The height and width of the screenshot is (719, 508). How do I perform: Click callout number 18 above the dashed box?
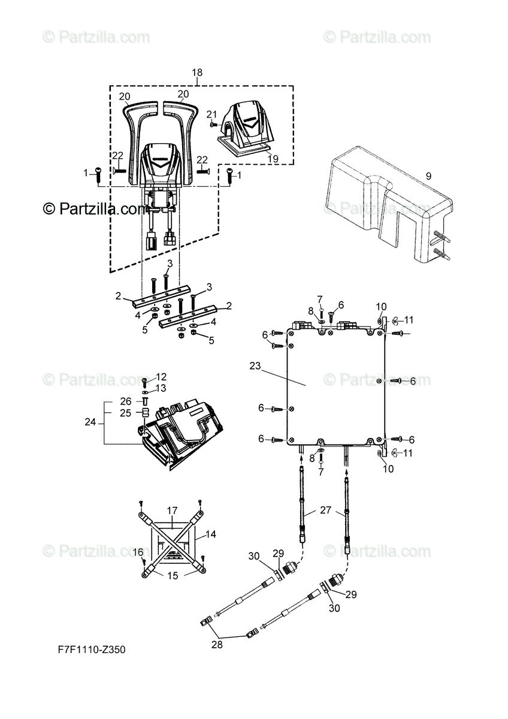click(x=197, y=73)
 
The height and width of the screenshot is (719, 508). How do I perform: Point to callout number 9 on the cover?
click(x=428, y=176)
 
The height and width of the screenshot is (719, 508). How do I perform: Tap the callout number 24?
click(x=90, y=422)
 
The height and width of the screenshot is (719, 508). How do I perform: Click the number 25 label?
click(x=126, y=413)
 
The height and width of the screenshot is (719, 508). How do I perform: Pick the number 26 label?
click(x=126, y=401)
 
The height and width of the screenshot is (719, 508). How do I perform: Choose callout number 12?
click(x=162, y=377)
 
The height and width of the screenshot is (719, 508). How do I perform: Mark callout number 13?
click(x=162, y=388)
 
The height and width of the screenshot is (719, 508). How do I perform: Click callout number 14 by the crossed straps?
click(x=210, y=533)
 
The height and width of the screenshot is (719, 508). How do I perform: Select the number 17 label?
click(x=172, y=510)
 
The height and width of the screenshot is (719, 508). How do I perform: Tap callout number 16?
click(x=137, y=552)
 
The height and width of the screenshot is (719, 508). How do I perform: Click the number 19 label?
click(x=273, y=159)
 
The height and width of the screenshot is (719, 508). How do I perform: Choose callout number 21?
click(x=211, y=114)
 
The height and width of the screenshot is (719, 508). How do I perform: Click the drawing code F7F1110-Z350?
click(x=92, y=649)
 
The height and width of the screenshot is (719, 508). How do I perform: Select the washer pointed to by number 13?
click(x=144, y=391)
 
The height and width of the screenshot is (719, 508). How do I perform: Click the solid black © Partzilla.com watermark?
click(x=95, y=209)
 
